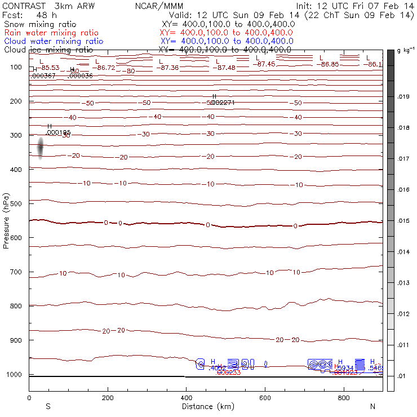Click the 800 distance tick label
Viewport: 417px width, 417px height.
344,398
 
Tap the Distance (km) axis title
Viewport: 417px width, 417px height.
206,406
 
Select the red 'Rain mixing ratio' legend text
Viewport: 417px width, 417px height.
51,33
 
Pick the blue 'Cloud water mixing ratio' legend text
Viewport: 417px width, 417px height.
54,41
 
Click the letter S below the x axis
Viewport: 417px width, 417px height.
48,406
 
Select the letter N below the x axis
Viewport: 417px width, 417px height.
372,406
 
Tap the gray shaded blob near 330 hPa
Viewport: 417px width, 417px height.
41,148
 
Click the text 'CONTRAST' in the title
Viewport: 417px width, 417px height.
22,6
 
